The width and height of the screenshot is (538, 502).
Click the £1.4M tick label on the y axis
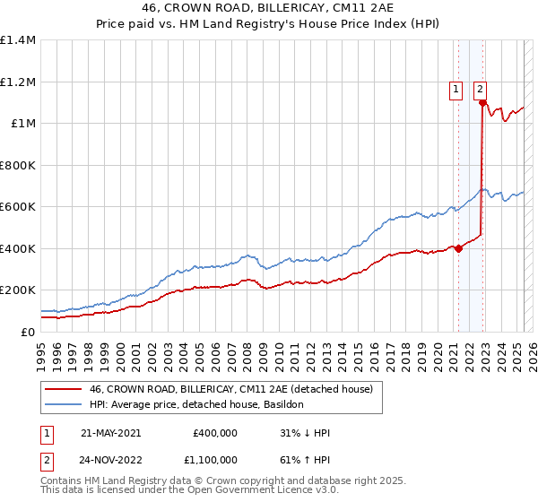point(18,40)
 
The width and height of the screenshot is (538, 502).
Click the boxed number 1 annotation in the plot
point(456,89)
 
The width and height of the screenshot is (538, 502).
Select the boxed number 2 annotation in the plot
point(481,89)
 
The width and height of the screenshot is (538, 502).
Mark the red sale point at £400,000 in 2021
point(458,248)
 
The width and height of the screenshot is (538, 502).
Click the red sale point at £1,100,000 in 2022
point(482,103)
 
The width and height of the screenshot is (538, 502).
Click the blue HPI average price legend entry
point(196,405)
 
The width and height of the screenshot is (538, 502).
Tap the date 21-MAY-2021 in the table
point(110,433)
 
